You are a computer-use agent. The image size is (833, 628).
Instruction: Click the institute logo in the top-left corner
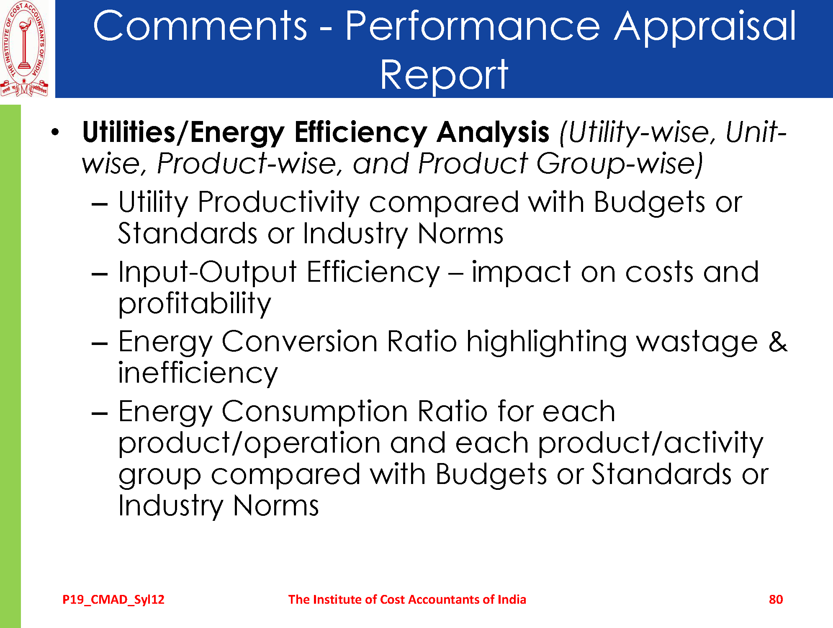(x=24, y=49)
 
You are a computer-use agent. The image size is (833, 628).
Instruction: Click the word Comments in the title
(x=200, y=26)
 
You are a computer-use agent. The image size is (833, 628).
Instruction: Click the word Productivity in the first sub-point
(x=278, y=203)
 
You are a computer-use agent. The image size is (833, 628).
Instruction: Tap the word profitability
(x=195, y=304)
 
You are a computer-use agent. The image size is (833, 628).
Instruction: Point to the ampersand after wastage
(x=778, y=342)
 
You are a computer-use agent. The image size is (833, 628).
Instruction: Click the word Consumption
(x=314, y=412)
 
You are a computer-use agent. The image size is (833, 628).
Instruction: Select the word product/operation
(x=249, y=444)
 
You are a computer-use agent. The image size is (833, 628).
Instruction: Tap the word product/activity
(x=651, y=444)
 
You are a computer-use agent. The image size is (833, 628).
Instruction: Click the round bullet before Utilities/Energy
(x=55, y=132)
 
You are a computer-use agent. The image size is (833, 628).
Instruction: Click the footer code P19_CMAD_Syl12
(x=113, y=600)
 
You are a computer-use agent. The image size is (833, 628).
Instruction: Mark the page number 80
(x=776, y=600)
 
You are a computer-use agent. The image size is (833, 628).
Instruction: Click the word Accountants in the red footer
(x=445, y=600)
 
